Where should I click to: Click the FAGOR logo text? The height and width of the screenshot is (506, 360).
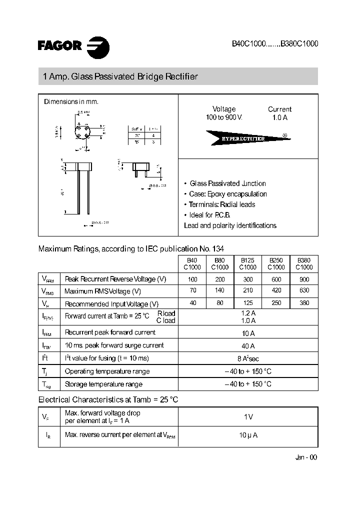(59, 46)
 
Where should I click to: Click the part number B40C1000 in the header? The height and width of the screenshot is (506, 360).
(248, 44)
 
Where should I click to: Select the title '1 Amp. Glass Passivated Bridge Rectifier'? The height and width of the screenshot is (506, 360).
(120, 77)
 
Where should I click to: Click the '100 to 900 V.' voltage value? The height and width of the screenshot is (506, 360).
(223, 117)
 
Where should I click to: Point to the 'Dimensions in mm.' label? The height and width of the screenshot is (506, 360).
(71, 101)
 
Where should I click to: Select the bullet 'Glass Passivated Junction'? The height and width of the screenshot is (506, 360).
(227, 183)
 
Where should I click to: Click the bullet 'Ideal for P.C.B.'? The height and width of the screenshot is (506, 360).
(210, 215)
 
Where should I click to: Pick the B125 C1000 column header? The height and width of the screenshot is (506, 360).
(248, 263)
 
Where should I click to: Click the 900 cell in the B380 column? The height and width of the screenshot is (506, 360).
(303, 279)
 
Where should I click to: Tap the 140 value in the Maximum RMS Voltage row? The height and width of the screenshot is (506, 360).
(220, 290)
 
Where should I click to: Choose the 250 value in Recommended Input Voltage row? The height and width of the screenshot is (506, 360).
(276, 303)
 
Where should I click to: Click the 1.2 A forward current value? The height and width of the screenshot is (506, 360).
(248, 313)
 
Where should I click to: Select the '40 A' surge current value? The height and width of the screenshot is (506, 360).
(248, 345)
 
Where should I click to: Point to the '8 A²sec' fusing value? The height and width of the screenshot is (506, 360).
(248, 358)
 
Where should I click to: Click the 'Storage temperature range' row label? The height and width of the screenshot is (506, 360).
(103, 384)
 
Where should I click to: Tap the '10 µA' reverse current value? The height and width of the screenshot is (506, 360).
(248, 435)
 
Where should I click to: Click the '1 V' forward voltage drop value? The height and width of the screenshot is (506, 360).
(248, 416)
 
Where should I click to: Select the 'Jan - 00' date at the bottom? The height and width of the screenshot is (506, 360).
(306, 457)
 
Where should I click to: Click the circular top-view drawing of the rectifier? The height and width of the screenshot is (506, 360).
(83, 133)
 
